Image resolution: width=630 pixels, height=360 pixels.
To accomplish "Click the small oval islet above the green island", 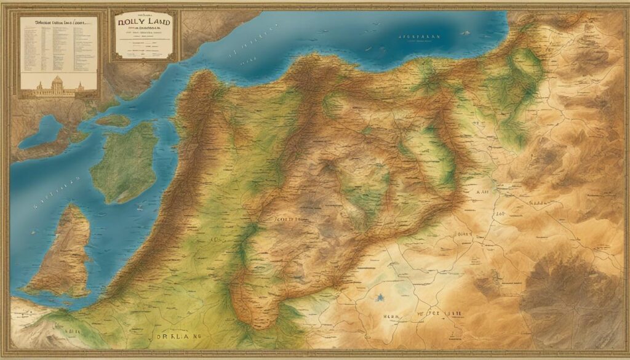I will tap(113, 119).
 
